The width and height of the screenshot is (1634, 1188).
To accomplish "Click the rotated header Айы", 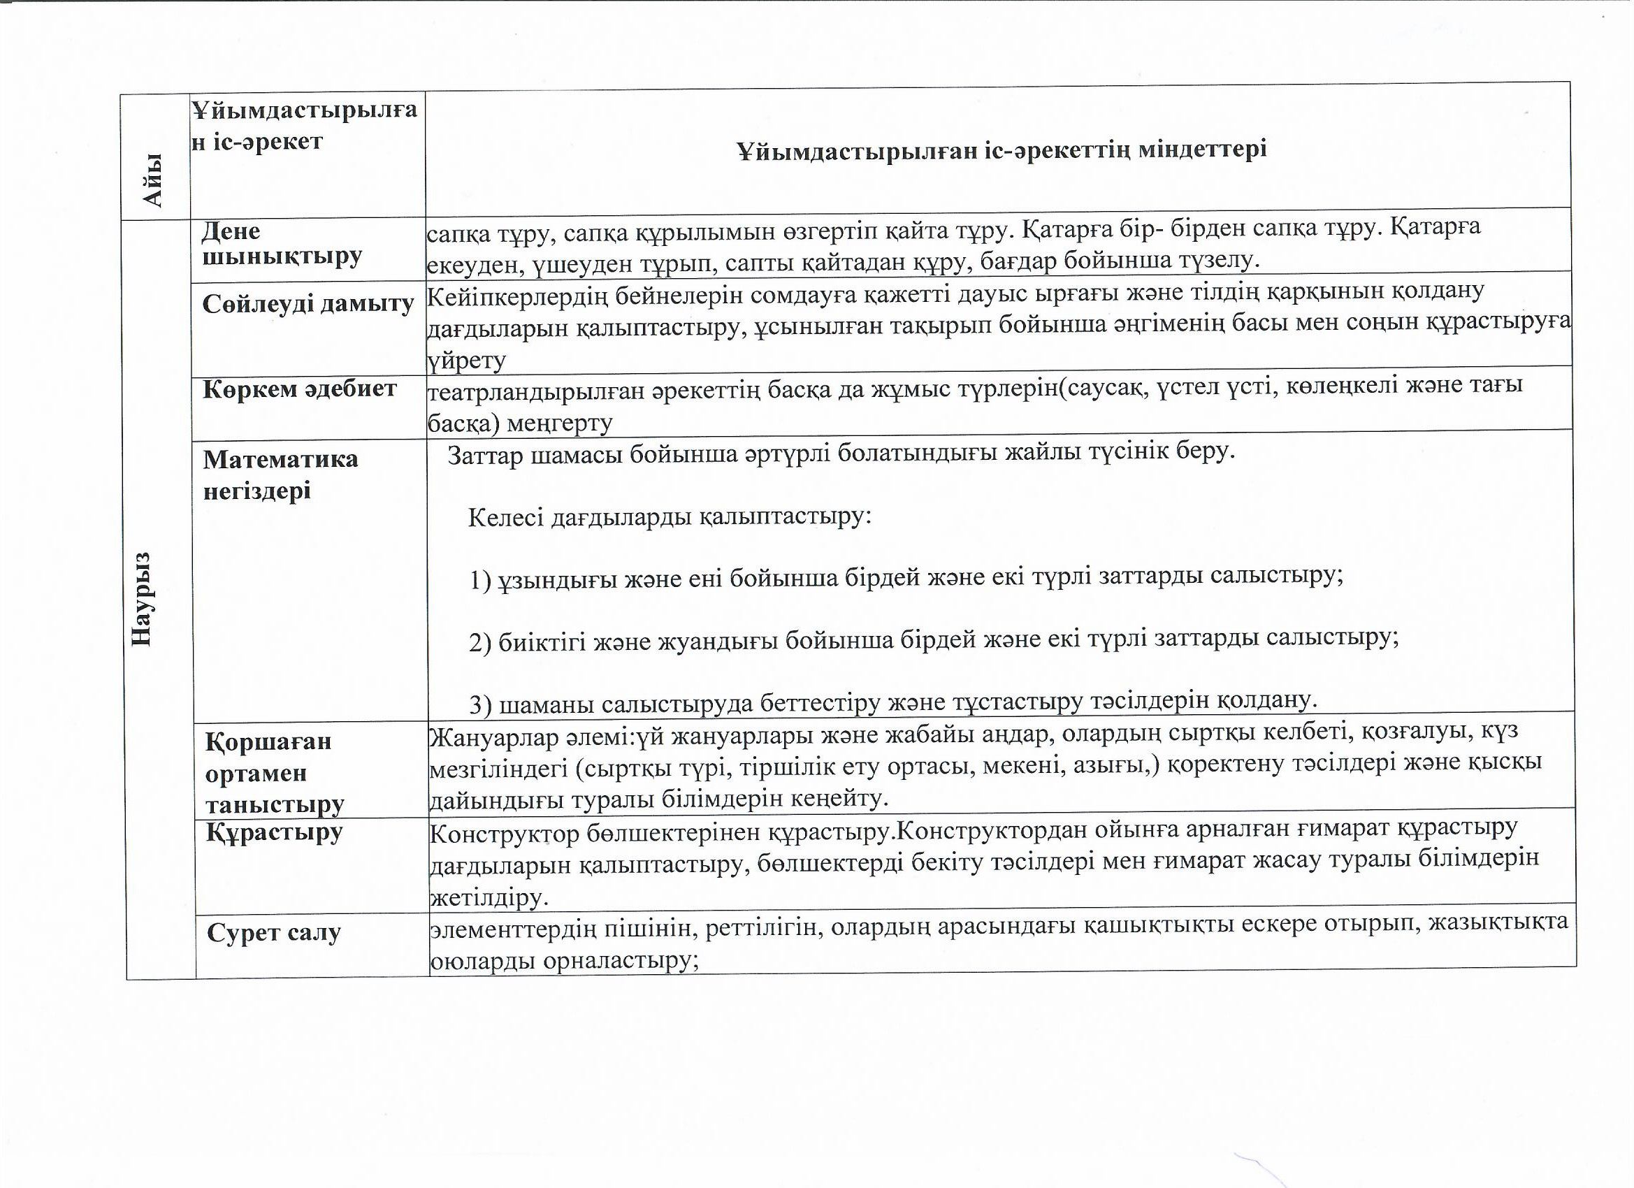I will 152,180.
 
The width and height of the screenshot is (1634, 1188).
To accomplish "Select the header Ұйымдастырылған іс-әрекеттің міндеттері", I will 1002,150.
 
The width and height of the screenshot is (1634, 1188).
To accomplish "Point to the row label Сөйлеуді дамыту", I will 308,304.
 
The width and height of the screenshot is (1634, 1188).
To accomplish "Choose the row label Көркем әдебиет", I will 300,389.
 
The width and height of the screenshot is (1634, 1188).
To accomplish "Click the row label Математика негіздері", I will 280,475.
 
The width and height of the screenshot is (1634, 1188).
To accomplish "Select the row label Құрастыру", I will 275,833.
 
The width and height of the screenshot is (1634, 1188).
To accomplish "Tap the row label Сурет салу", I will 274,933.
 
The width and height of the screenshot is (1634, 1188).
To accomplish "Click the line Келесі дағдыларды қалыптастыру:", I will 670,516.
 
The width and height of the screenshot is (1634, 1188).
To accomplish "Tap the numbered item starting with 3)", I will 893,701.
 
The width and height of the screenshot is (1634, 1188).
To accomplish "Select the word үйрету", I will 467,358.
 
